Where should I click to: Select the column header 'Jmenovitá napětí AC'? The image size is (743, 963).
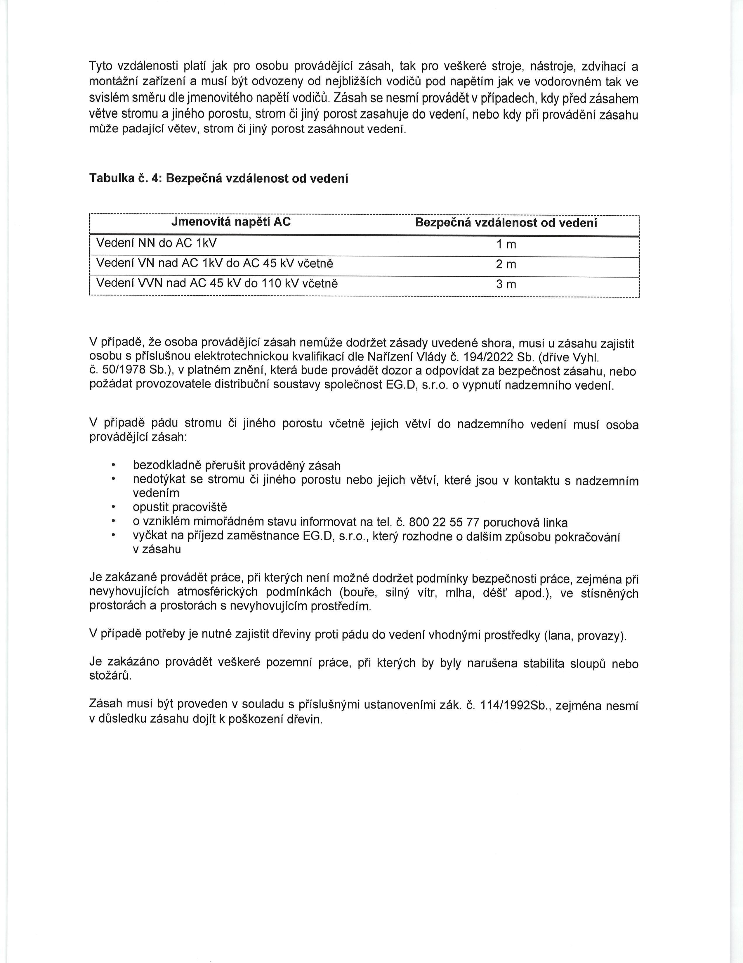(231, 222)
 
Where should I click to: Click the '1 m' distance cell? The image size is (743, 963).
(506, 244)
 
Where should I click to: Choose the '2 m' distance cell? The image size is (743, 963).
(506, 264)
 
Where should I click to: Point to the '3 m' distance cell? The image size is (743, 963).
(506, 284)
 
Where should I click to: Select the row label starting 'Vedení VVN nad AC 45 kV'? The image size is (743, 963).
(217, 283)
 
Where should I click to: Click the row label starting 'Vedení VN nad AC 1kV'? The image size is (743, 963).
(215, 263)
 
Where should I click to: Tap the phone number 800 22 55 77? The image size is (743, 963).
(444, 522)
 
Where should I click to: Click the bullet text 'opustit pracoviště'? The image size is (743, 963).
(180, 507)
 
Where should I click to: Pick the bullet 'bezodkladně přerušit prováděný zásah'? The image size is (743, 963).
(237, 466)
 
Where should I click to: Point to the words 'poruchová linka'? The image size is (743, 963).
(525, 523)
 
